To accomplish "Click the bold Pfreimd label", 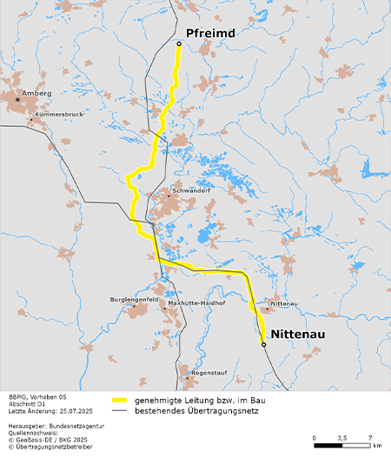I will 211,32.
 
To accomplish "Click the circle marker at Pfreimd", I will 179,43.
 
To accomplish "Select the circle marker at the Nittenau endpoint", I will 263,345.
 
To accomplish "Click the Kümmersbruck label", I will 59,114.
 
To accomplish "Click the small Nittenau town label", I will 284,304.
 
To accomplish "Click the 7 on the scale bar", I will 371,437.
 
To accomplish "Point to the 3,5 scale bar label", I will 342,437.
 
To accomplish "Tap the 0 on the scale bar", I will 315,437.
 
